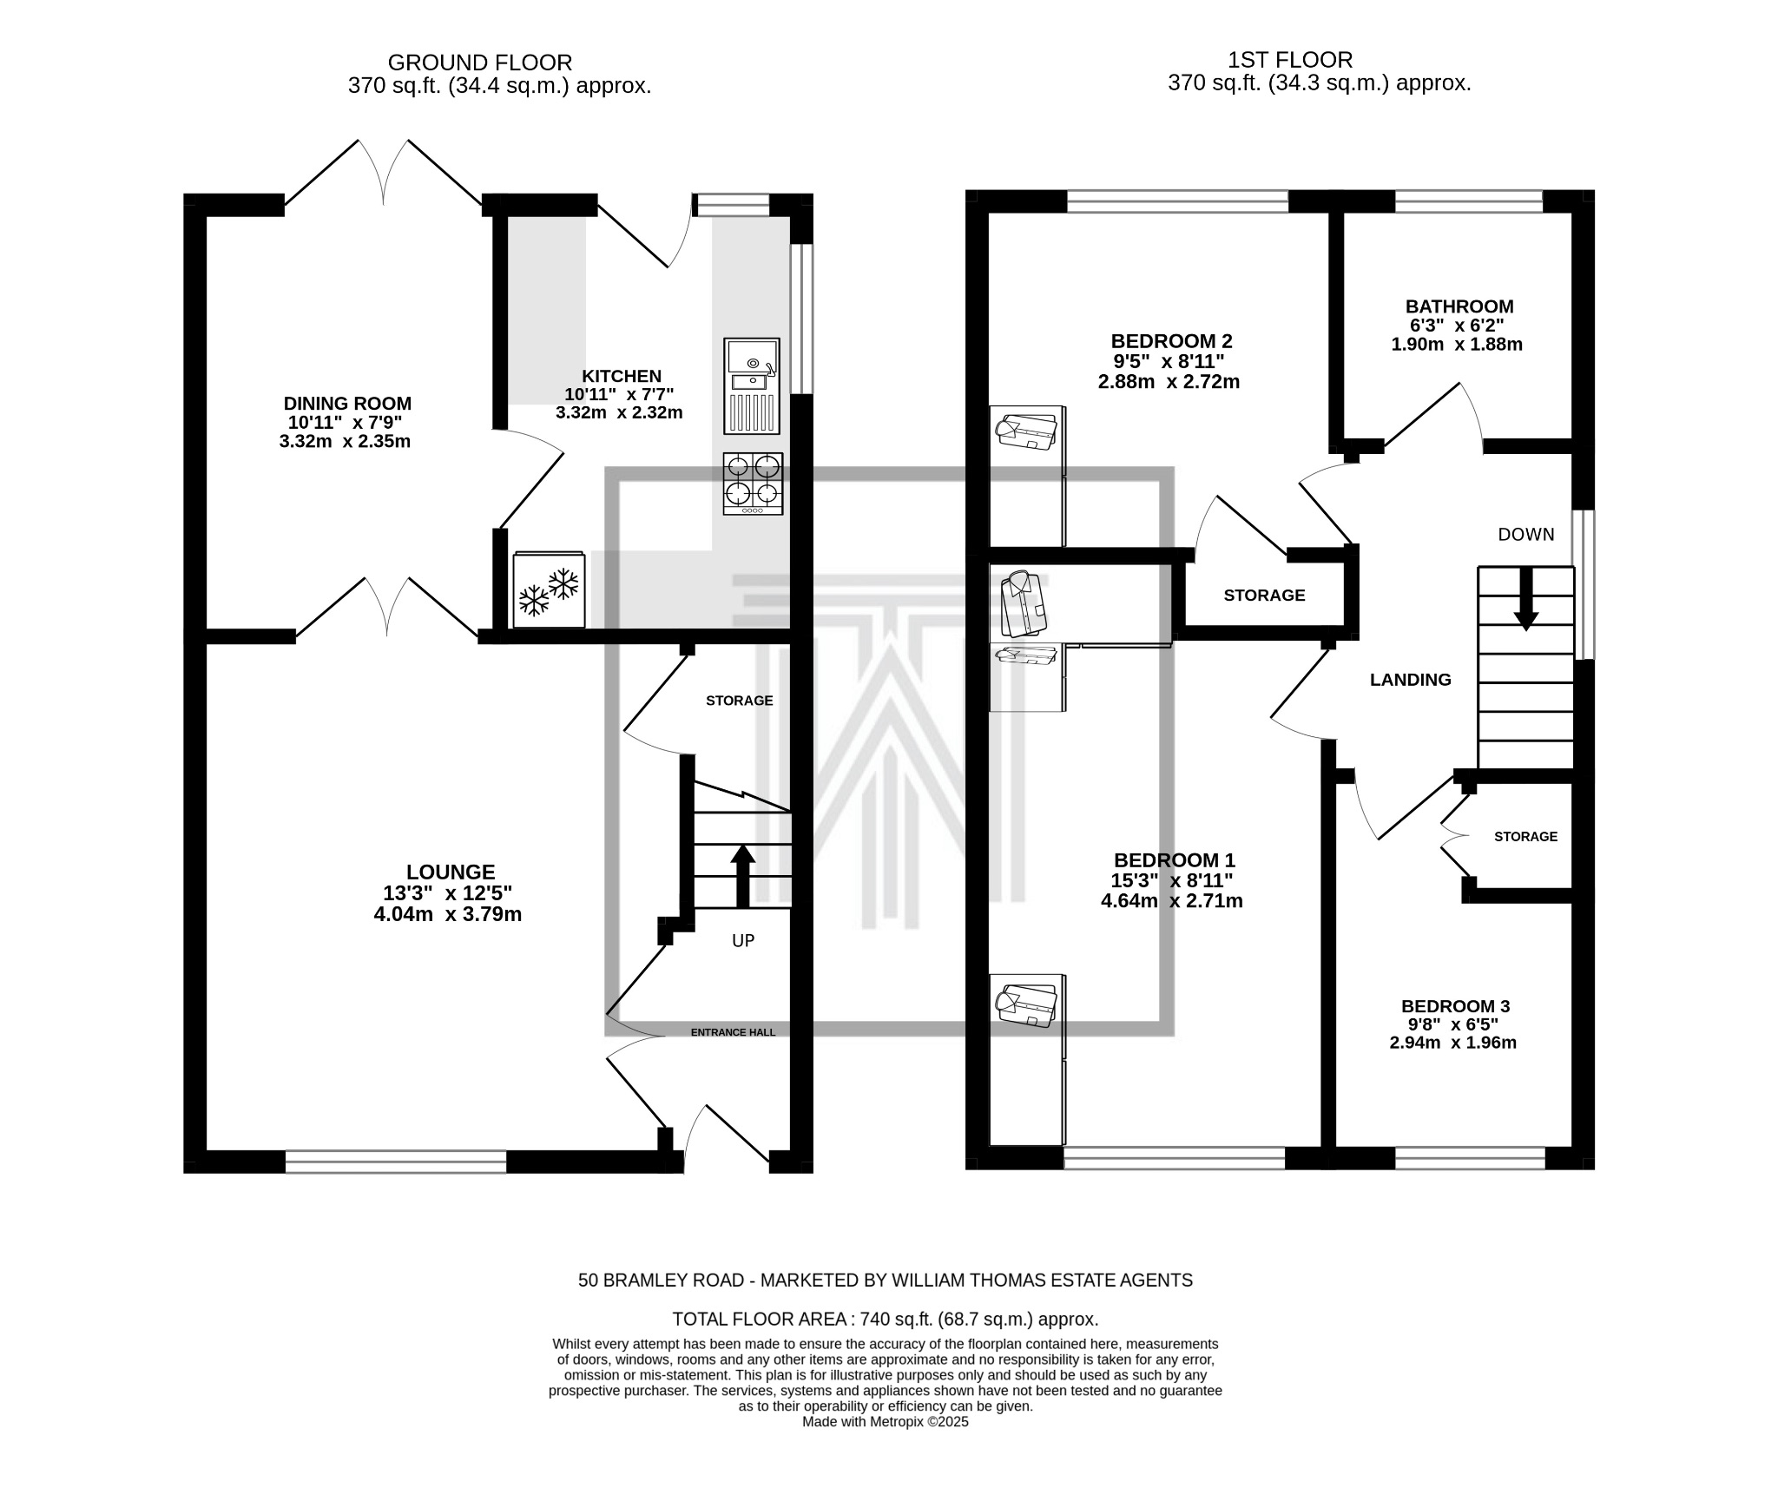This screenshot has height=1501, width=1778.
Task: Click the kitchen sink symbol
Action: click(x=752, y=385)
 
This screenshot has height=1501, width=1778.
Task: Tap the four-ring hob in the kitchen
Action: click(x=753, y=484)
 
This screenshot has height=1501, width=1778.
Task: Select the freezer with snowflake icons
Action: click(x=549, y=589)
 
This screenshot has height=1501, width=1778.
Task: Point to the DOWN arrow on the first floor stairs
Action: click(x=1525, y=599)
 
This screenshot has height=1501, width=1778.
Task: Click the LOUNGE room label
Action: click(x=451, y=872)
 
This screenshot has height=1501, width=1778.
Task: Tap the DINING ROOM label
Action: click(x=347, y=404)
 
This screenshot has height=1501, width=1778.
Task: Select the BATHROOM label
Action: click(x=1459, y=306)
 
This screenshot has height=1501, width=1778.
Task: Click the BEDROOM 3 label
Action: click(x=1455, y=1006)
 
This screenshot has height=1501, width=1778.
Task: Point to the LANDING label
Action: click(x=1410, y=680)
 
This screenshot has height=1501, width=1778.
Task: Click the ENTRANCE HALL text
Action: click(x=733, y=1032)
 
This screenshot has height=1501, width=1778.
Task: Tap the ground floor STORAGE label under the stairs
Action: click(x=739, y=701)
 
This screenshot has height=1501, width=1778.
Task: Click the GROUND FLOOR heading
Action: click(x=479, y=63)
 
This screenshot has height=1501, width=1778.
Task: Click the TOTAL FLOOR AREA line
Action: click(x=885, y=1319)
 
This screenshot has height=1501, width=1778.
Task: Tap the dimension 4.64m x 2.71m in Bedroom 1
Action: click(x=1171, y=901)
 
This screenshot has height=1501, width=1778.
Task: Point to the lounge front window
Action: click(x=396, y=1162)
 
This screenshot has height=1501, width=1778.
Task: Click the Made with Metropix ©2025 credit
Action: click(x=885, y=1422)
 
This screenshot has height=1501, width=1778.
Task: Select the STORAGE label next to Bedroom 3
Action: click(x=1525, y=837)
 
